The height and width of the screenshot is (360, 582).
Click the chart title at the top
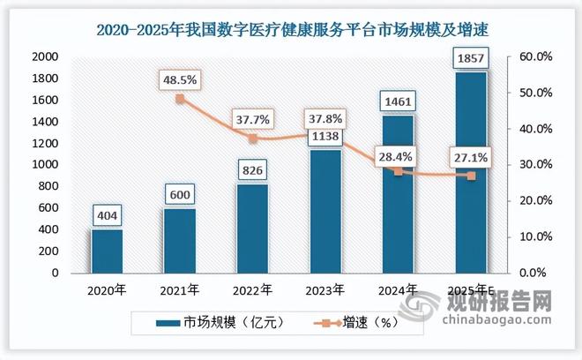[291, 30]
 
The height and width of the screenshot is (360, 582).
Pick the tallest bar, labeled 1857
[470, 172]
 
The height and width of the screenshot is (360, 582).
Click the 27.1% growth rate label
[471, 160]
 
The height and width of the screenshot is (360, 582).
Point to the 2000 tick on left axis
[44, 56]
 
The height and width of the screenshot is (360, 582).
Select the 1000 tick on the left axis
[44, 165]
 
